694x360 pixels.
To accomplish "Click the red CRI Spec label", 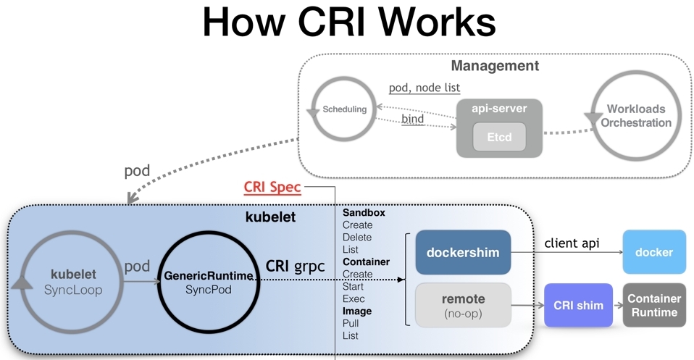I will (272, 188).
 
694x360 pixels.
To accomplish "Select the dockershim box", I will (463, 253).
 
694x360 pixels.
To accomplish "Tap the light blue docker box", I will (653, 252).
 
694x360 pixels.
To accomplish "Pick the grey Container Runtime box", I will (653, 305).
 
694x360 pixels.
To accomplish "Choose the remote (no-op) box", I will (463, 305).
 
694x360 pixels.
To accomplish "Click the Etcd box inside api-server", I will (498, 136).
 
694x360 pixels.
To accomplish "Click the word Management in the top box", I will (495, 66).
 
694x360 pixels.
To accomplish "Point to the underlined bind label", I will (412, 119).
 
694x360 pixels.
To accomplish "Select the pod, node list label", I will (424, 88).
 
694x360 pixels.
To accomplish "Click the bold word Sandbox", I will (364, 213).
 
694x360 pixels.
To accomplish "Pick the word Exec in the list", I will (354, 299).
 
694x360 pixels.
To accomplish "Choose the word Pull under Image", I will (351, 324).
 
